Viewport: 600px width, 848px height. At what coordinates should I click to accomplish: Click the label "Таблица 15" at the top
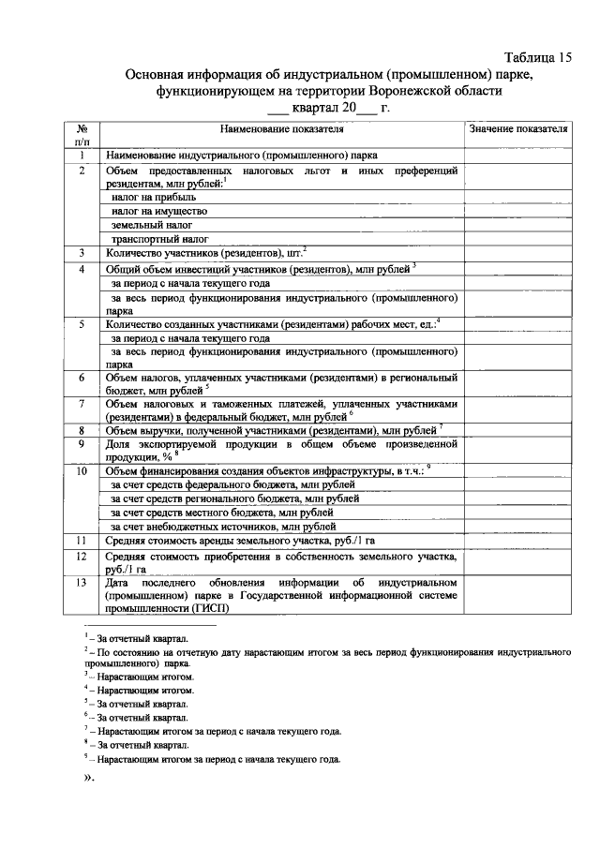[536, 57]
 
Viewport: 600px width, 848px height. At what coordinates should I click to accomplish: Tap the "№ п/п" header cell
[82, 134]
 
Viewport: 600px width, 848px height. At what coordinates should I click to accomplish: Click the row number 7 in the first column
[82, 404]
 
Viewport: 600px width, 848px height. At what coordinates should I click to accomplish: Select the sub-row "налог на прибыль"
[154, 198]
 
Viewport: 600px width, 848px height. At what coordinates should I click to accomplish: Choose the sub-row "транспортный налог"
[158, 239]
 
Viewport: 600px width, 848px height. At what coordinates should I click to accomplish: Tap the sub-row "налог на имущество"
[158, 212]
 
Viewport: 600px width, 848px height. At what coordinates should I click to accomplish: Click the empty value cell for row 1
[518, 156]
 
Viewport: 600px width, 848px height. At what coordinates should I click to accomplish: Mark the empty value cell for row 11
[518, 541]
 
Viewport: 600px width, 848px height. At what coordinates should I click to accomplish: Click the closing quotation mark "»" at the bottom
[91, 779]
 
